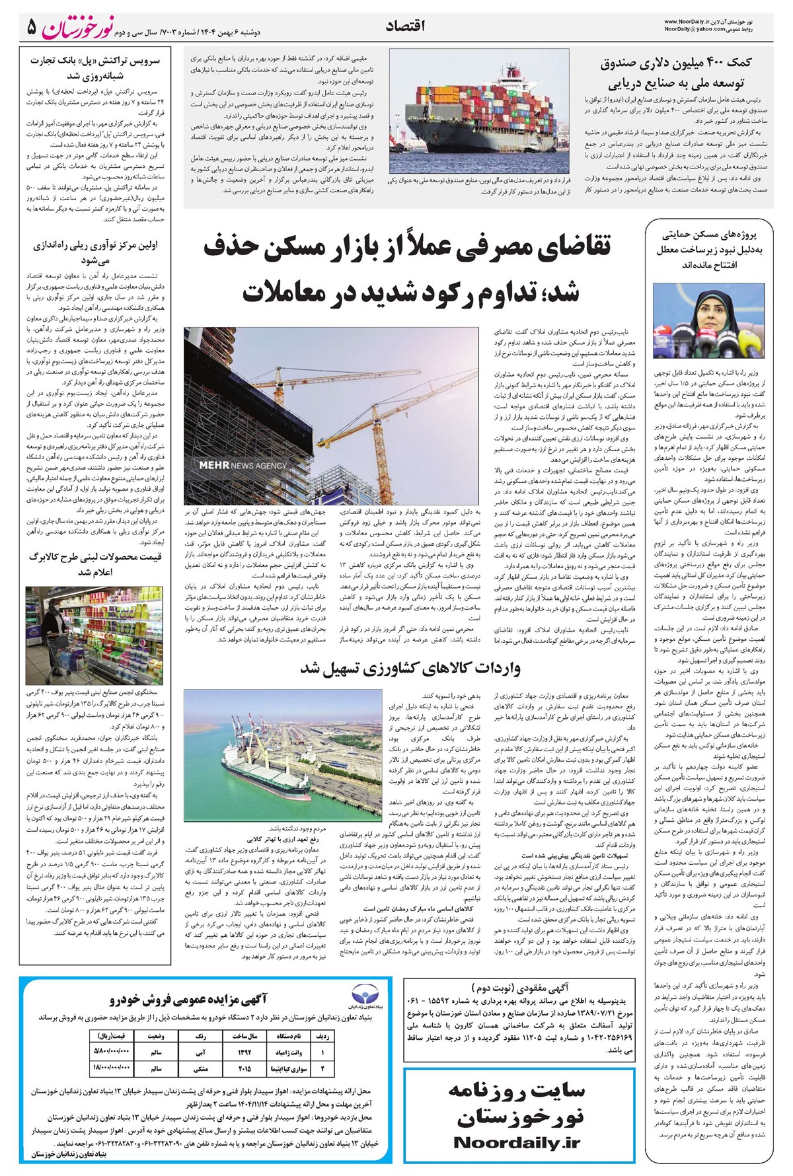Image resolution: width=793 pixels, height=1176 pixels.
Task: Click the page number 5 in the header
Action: tap(31, 27)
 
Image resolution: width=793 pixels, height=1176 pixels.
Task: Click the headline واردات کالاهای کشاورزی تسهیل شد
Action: tap(410, 668)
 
